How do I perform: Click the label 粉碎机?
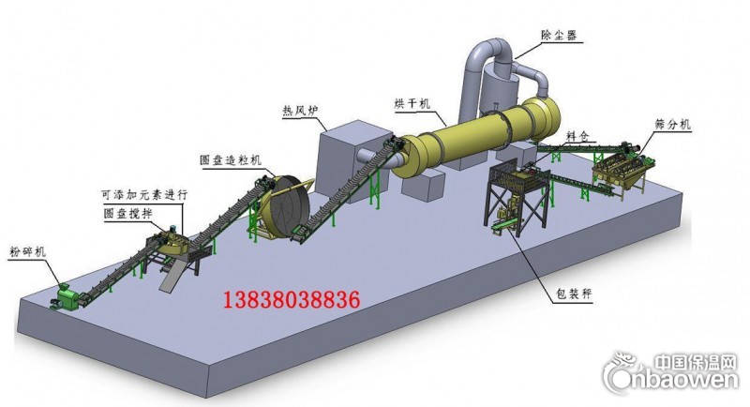[x=28, y=251]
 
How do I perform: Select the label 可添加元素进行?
[x=144, y=195]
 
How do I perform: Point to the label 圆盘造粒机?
[x=231, y=159]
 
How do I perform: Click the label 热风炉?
[x=300, y=111]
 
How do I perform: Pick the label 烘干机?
[x=412, y=103]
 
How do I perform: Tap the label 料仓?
[x=576, y=136]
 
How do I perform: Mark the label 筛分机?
[x=673, y=124]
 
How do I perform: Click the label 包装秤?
[x=574, y=294]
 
